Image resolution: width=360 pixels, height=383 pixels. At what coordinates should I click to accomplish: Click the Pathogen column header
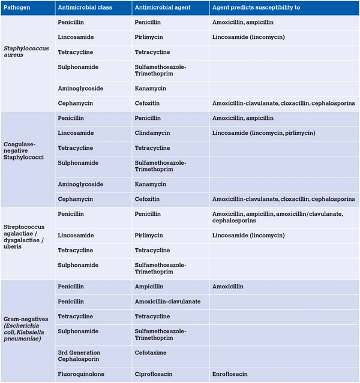click(x=17, y=8)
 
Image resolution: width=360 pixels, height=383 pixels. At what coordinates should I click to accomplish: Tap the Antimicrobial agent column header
click(x=161, y=8)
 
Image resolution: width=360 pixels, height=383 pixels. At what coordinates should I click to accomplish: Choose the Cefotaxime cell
click(x=151, y=353)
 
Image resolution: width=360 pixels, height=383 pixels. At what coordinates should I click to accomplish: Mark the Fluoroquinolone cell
click(x=83, y=373)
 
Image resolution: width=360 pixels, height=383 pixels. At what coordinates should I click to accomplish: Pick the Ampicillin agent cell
click(x=149, y=287)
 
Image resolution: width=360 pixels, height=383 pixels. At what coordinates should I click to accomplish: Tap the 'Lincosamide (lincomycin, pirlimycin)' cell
click(x=263, y=133)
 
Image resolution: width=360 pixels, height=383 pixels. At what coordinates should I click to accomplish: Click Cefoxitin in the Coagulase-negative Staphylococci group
click(x=148, y=199)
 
